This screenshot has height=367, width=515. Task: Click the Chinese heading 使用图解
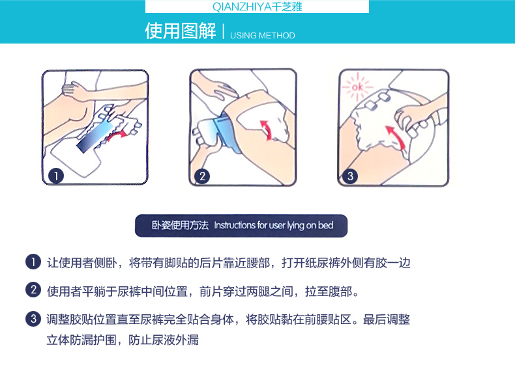(x=181, y=31)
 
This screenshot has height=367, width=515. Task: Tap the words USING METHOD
(x=263, y=35)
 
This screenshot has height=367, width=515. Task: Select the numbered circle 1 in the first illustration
(x=56, y=176)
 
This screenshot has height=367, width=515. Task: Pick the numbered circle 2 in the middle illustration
(x=202, y=176)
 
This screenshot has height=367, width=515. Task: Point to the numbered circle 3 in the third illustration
(x=350, y=176)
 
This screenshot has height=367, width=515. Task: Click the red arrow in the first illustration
(x=117, y=135)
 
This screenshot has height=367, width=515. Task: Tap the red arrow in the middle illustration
(x=267, y=129)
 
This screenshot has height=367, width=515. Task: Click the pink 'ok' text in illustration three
(x=357, y=88)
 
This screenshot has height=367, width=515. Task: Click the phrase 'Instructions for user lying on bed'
(x=274, y=225)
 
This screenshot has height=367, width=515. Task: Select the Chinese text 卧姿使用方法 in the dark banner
(x=180, y=225)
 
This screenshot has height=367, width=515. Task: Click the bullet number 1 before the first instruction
(x=33, y=262)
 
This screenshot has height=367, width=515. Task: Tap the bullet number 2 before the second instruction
(x=33, y=290)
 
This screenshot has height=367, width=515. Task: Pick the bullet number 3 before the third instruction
(x=33, y=318)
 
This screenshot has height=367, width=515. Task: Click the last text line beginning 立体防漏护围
(x=123, y=340)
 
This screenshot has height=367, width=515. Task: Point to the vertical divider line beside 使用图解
(x=224, y=31)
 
